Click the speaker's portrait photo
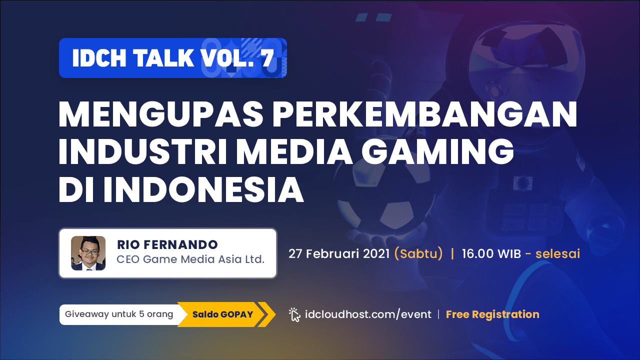(88, 253)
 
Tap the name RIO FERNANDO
(167, 244)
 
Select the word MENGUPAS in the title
(161, 114)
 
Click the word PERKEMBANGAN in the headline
(425, 114)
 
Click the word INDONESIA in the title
(203, 189)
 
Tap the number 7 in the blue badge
(267, 58)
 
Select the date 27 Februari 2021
(339, 253)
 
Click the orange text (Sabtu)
(418, 254)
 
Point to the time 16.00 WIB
(491, 253)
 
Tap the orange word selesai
(557, 253)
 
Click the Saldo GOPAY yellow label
(223, 314)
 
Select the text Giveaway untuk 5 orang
(119, 314)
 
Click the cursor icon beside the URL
(294, 315)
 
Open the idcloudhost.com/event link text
(368, 314)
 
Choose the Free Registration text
(492, 314)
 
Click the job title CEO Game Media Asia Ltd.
(190, 259)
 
